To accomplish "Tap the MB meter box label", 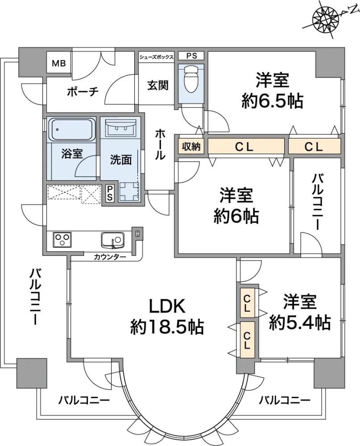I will [x=58, y=63].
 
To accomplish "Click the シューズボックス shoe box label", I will [x=156, y=57].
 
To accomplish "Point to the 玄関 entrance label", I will [x=158, y=85].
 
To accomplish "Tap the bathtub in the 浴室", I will [x=72, y=129].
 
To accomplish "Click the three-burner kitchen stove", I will [x=62, y=240].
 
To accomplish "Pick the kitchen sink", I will [x=112, y=240].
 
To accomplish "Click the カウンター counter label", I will [x=110, y=257].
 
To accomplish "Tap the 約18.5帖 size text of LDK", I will [x=167, y=327].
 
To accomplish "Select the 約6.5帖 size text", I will [x=273, y=102].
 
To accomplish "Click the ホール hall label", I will [x=161, y=145].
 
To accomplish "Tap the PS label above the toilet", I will [x=191, y=56].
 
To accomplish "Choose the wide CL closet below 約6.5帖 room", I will [x=245, y=146].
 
